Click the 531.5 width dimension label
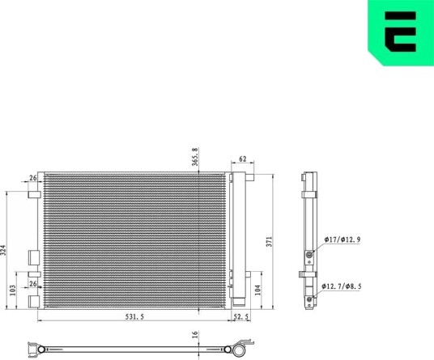pos(134,317)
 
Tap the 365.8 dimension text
pos(195,157)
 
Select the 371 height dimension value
pos(270,241)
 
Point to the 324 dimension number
pos(2,250)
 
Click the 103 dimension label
pos(13,290)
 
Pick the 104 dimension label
pos(257,290)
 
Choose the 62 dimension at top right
pos(242,159)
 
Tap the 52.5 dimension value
pos(240,317)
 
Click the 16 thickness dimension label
pos(195,334)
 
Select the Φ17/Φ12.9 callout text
pos(343,239)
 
